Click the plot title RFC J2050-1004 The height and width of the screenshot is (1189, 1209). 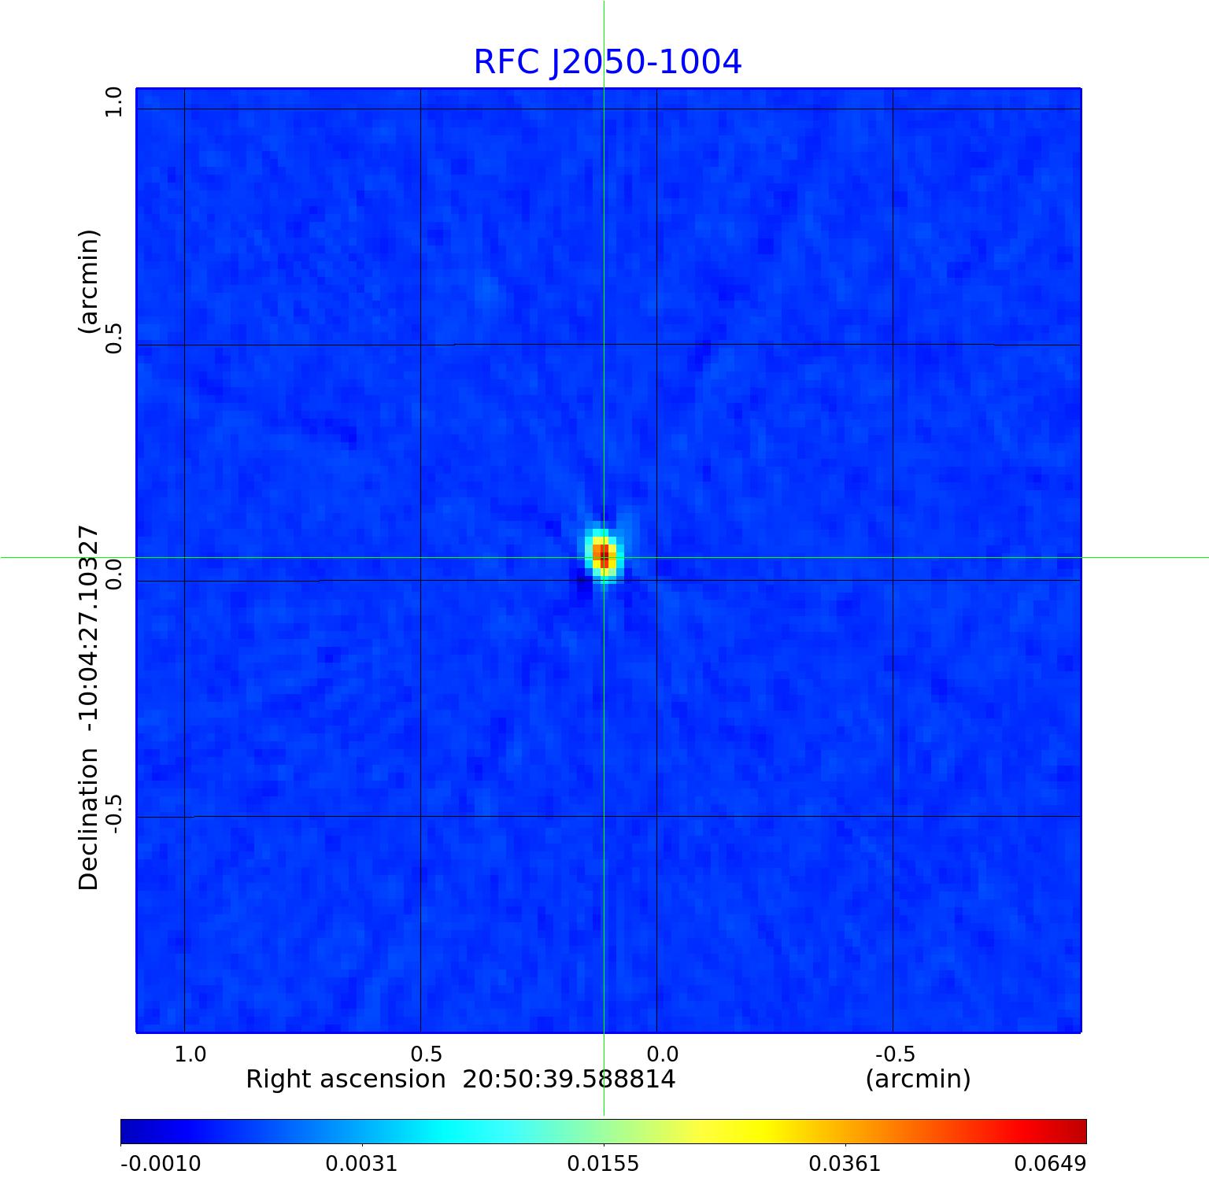[x=607, y=62]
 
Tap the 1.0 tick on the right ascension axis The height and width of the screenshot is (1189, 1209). [x=190, y=1054]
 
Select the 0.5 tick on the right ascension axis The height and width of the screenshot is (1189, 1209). [x=426, y=1054]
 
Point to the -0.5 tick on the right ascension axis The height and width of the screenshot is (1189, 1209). [x=894, y=1054]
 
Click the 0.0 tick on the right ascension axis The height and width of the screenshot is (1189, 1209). [x=662, y=1054]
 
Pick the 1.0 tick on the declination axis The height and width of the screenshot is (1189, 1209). [x=114, y=102]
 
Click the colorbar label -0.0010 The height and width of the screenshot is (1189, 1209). [x=161, y=1163]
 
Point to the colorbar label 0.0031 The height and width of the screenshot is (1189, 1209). [x=362, y=1163]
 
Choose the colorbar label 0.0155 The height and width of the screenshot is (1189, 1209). [x=604, y=1163]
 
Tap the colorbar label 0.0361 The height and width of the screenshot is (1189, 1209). [x=845, y=1163]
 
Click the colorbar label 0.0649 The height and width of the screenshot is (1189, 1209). [x=1049, y=1163]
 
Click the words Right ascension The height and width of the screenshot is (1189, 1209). [x=346, y=1079]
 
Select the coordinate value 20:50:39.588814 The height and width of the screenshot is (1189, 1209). [x=568, y=1079]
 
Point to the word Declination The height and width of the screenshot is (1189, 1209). [x=88, y=819]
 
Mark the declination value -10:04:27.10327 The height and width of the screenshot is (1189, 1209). [x=88, y=630]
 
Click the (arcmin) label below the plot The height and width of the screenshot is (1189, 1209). [x=918, y=1079]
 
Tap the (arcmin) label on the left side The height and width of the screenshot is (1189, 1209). [x=88, y=281]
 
